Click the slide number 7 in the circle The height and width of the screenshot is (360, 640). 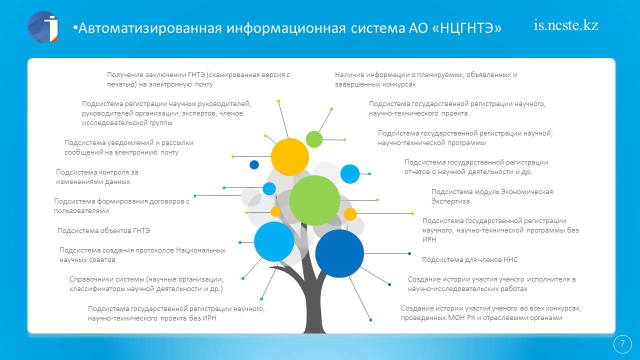click(x=622, y=343)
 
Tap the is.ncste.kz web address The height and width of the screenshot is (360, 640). click(x=565, y=25)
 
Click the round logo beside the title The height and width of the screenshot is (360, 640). click(x=43, y=27)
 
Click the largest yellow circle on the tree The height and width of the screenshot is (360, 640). click(x=289, y=157)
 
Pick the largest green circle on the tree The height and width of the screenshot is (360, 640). click(x=314, y=200)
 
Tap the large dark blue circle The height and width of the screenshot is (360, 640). click(x=339, y=253)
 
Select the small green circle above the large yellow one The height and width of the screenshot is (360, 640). click(x=314, y=139)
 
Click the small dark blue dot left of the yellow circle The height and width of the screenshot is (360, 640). click(x=254, y=164)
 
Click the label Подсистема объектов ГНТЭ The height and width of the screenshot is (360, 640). click(x=103, y=230)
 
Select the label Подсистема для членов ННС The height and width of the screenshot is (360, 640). click(x=469, y=259)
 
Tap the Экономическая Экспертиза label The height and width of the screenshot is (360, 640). click(x=492, y=196)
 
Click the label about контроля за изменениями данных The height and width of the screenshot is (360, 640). click(x=97, y=177)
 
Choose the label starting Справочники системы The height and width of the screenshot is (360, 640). click(x=146, y=283)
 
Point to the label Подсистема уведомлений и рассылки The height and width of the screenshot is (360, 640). click(x=128, y=147)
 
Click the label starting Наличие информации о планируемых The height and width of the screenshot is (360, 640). click(x=425, y=79)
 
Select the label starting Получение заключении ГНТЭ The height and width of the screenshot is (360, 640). click(x=198, y=79)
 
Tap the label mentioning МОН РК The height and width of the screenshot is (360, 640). click(x=491, y=313)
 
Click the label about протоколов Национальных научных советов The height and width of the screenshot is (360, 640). click(x=142, y=255)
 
